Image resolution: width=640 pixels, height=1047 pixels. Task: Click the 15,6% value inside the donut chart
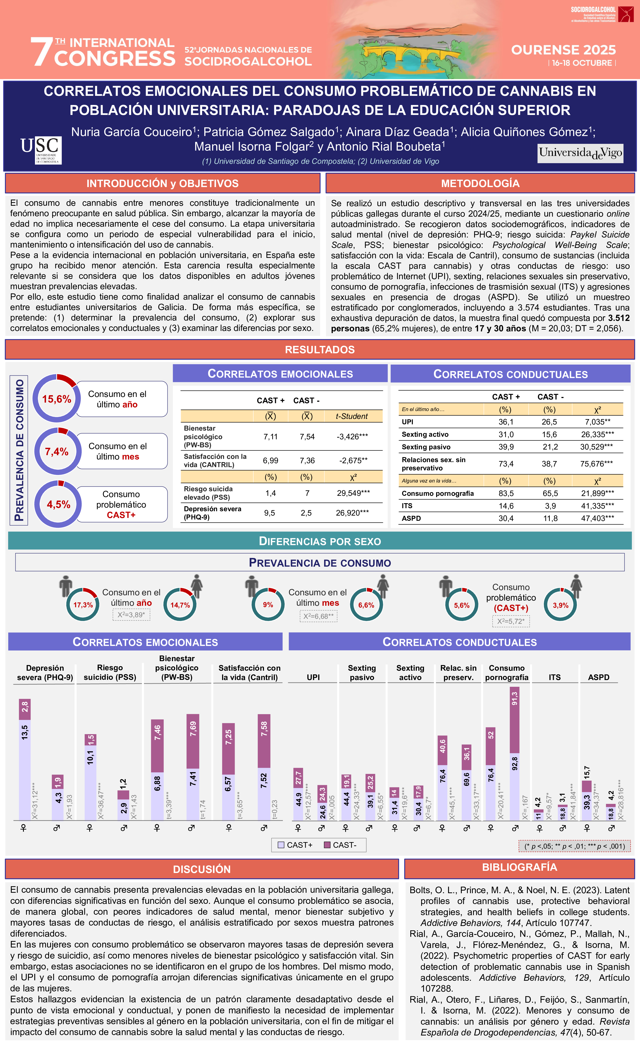point(56,399)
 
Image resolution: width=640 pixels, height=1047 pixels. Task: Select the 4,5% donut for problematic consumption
point(58,504)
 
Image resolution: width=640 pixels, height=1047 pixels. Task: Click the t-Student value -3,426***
point(352,436)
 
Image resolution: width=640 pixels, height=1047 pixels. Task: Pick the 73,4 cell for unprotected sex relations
point(506,464)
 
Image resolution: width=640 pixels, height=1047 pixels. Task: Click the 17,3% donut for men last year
point(83,605)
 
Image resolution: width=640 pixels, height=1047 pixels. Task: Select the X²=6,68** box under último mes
point(318,616)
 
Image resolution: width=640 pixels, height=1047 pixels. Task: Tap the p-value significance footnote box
point(574,846)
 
